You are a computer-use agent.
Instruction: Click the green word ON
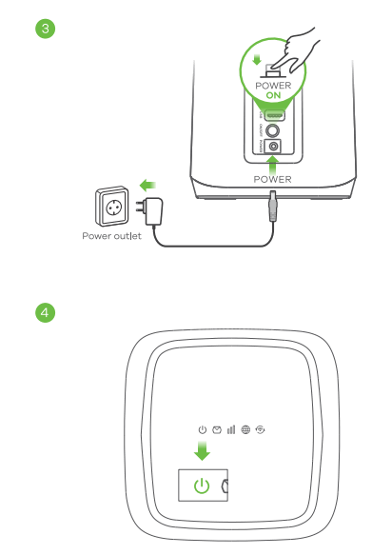tap(274, 96)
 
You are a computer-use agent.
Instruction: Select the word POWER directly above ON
tap(274, 86)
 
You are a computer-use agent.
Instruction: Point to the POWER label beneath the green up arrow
tap(272, 178)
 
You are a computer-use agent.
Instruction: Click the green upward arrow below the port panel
tap(272, 161)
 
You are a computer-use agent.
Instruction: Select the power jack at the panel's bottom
tap(275, 147)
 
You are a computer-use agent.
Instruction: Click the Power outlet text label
tap(112, 237)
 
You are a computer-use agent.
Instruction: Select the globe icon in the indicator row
tap(245, 430)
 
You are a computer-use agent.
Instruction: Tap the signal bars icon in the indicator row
tap(230, 430)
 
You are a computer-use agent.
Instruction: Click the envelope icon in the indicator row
tap(216, 430)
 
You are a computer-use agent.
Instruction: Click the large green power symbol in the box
tap(201, 486)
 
